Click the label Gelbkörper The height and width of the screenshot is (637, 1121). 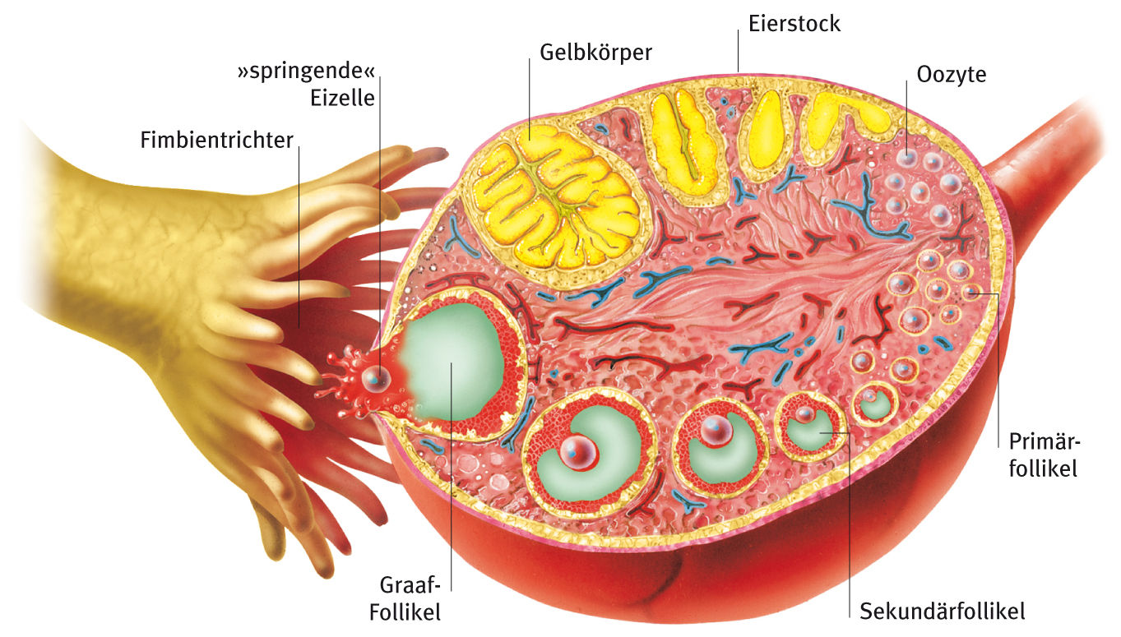pos(595,53)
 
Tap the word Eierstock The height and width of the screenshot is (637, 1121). pos(794,24)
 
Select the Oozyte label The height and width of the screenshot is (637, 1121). pos(951,74)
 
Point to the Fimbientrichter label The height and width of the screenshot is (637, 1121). pos(216,141)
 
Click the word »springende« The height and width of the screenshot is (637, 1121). pos(305,72)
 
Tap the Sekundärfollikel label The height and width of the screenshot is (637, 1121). pos(942,612)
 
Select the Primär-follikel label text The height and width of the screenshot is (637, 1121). pos(1044,455)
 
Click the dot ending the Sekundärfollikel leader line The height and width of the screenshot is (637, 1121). pos(847,431)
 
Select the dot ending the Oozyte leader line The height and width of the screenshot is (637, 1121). pos(906,155)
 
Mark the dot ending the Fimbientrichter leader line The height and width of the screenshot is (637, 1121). pos(299,326)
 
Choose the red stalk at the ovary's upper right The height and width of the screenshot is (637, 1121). pos(1040,156)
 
